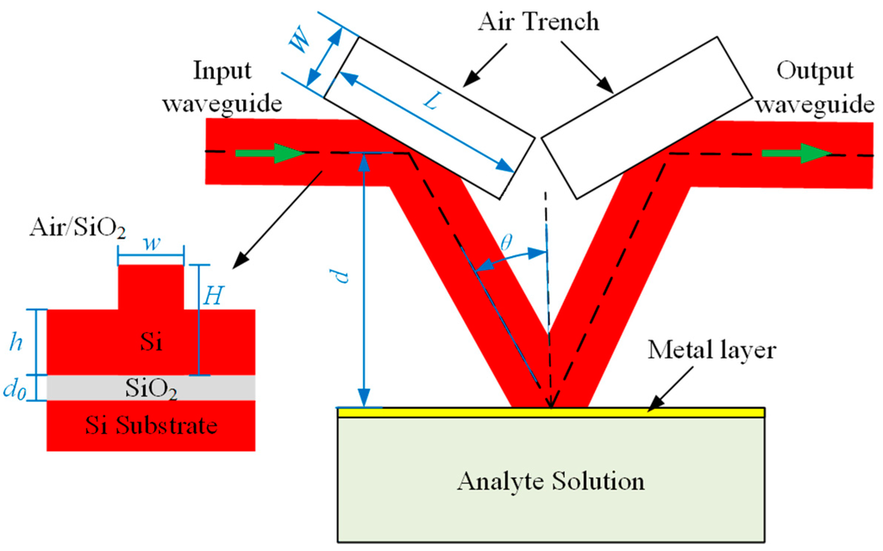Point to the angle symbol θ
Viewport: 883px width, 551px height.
pyautogui.click(x=506, y=244)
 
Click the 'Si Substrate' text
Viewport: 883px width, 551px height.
pyautogui.click(x=150, y=425)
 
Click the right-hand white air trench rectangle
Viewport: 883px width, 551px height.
pyautogui.click(x=644, y=114)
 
